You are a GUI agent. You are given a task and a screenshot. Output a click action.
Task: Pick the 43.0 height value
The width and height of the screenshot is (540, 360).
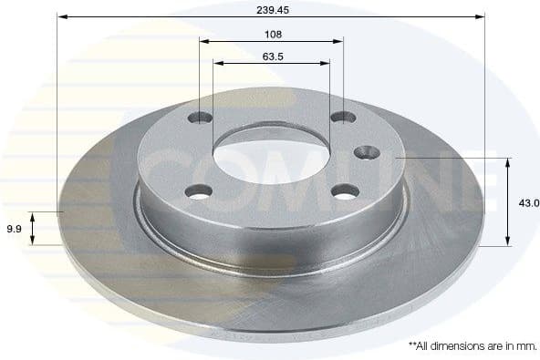pyautogui.click(x=529, y=203)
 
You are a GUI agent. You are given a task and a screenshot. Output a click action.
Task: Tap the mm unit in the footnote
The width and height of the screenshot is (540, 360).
pyautogui.click(x=525, y=345)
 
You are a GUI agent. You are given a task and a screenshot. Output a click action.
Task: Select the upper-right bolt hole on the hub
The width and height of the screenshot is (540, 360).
pyautogui.click(x=343, y=118)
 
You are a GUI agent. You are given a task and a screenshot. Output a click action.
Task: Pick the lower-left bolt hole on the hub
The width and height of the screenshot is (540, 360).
pyautogui.click(x=199, y=190)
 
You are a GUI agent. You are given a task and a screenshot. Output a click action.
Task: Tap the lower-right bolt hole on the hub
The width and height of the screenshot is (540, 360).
pyautogui.click(x=345, y=190)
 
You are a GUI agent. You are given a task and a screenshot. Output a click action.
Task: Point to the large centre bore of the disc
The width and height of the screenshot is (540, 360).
pyautogui.click(x=272, y=155)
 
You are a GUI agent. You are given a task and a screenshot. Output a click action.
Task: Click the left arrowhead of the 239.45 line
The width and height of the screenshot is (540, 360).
pyautogui.click(x=61, y=16)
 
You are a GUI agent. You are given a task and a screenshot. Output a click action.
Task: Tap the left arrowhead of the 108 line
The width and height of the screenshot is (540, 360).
pyautogui.click(x=204, y=41)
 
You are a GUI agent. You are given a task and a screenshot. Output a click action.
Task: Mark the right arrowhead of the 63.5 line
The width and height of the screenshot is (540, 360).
pyautogui.click(x=326, y=63)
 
